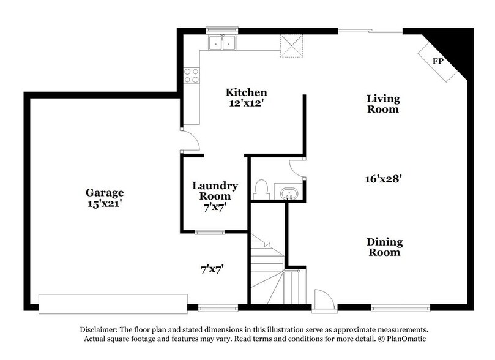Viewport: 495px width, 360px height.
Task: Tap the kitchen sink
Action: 222,42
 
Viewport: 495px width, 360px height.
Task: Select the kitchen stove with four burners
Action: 192,75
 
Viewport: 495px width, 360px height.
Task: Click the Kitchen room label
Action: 246,92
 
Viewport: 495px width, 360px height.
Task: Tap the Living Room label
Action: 383,103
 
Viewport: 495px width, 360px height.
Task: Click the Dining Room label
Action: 384,247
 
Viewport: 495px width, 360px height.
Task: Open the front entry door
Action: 322,299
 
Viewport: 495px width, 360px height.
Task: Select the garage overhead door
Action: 113,302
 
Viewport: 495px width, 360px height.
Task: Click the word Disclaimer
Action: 95,329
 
